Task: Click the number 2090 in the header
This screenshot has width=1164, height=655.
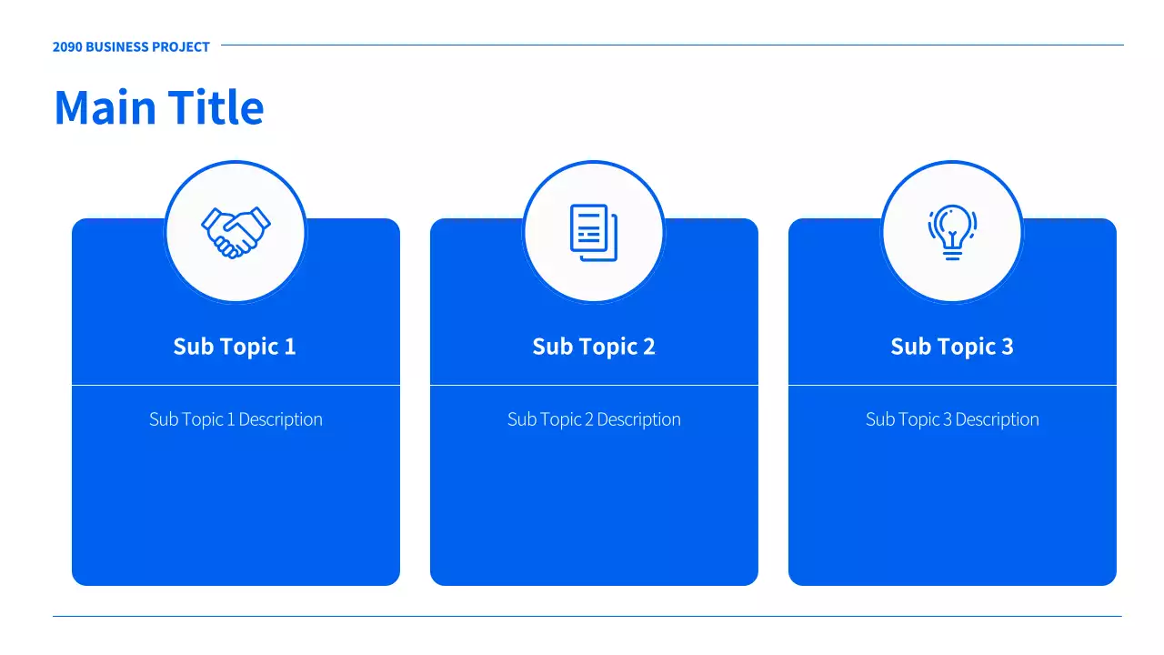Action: pos(67,46)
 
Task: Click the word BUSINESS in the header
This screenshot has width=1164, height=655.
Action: pos(117,46)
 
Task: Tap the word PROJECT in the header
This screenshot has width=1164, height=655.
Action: pos(181,46)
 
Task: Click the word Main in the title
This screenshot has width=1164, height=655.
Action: pos(105,107)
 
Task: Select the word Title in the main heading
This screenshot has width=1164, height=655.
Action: pos(216,107)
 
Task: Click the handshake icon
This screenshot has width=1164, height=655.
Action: pos(236,232)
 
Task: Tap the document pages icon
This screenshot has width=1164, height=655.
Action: pos(594,232)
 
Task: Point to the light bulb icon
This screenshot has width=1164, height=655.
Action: pos(952,232)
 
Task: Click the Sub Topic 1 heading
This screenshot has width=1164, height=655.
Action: pos(235,347)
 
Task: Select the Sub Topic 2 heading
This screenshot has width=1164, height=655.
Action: pos(594,347)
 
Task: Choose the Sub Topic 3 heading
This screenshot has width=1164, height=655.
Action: pos(952,347)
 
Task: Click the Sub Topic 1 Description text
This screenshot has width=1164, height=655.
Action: pos(236,419)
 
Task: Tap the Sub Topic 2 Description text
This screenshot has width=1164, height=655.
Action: pos(594,419)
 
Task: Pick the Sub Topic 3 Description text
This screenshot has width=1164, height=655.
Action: pos(952,419)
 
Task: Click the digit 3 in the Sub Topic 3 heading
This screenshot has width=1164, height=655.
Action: pos(1008,347)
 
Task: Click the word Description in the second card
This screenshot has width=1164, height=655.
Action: pos(638,419)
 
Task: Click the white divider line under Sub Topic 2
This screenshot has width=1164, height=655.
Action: pos(594,385)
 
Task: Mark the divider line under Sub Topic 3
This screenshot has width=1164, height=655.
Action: pos(952,385)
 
